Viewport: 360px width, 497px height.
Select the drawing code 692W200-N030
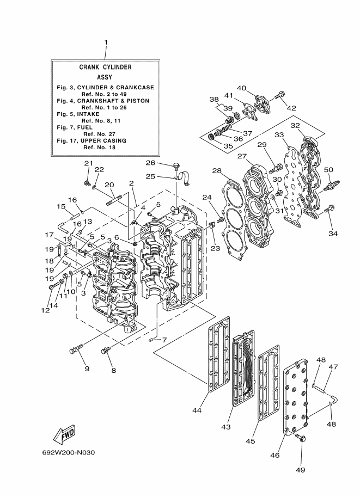click(69, 452)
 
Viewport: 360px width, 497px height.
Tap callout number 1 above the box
click(106, 42)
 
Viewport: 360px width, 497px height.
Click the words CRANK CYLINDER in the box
click(105, 67)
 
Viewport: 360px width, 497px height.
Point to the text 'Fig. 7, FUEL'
click(75, 127)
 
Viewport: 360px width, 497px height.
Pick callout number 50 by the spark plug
click(328, 170)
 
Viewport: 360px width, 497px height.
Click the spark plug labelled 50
click(331, 185)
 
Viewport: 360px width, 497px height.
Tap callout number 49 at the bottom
click(301, 470)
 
